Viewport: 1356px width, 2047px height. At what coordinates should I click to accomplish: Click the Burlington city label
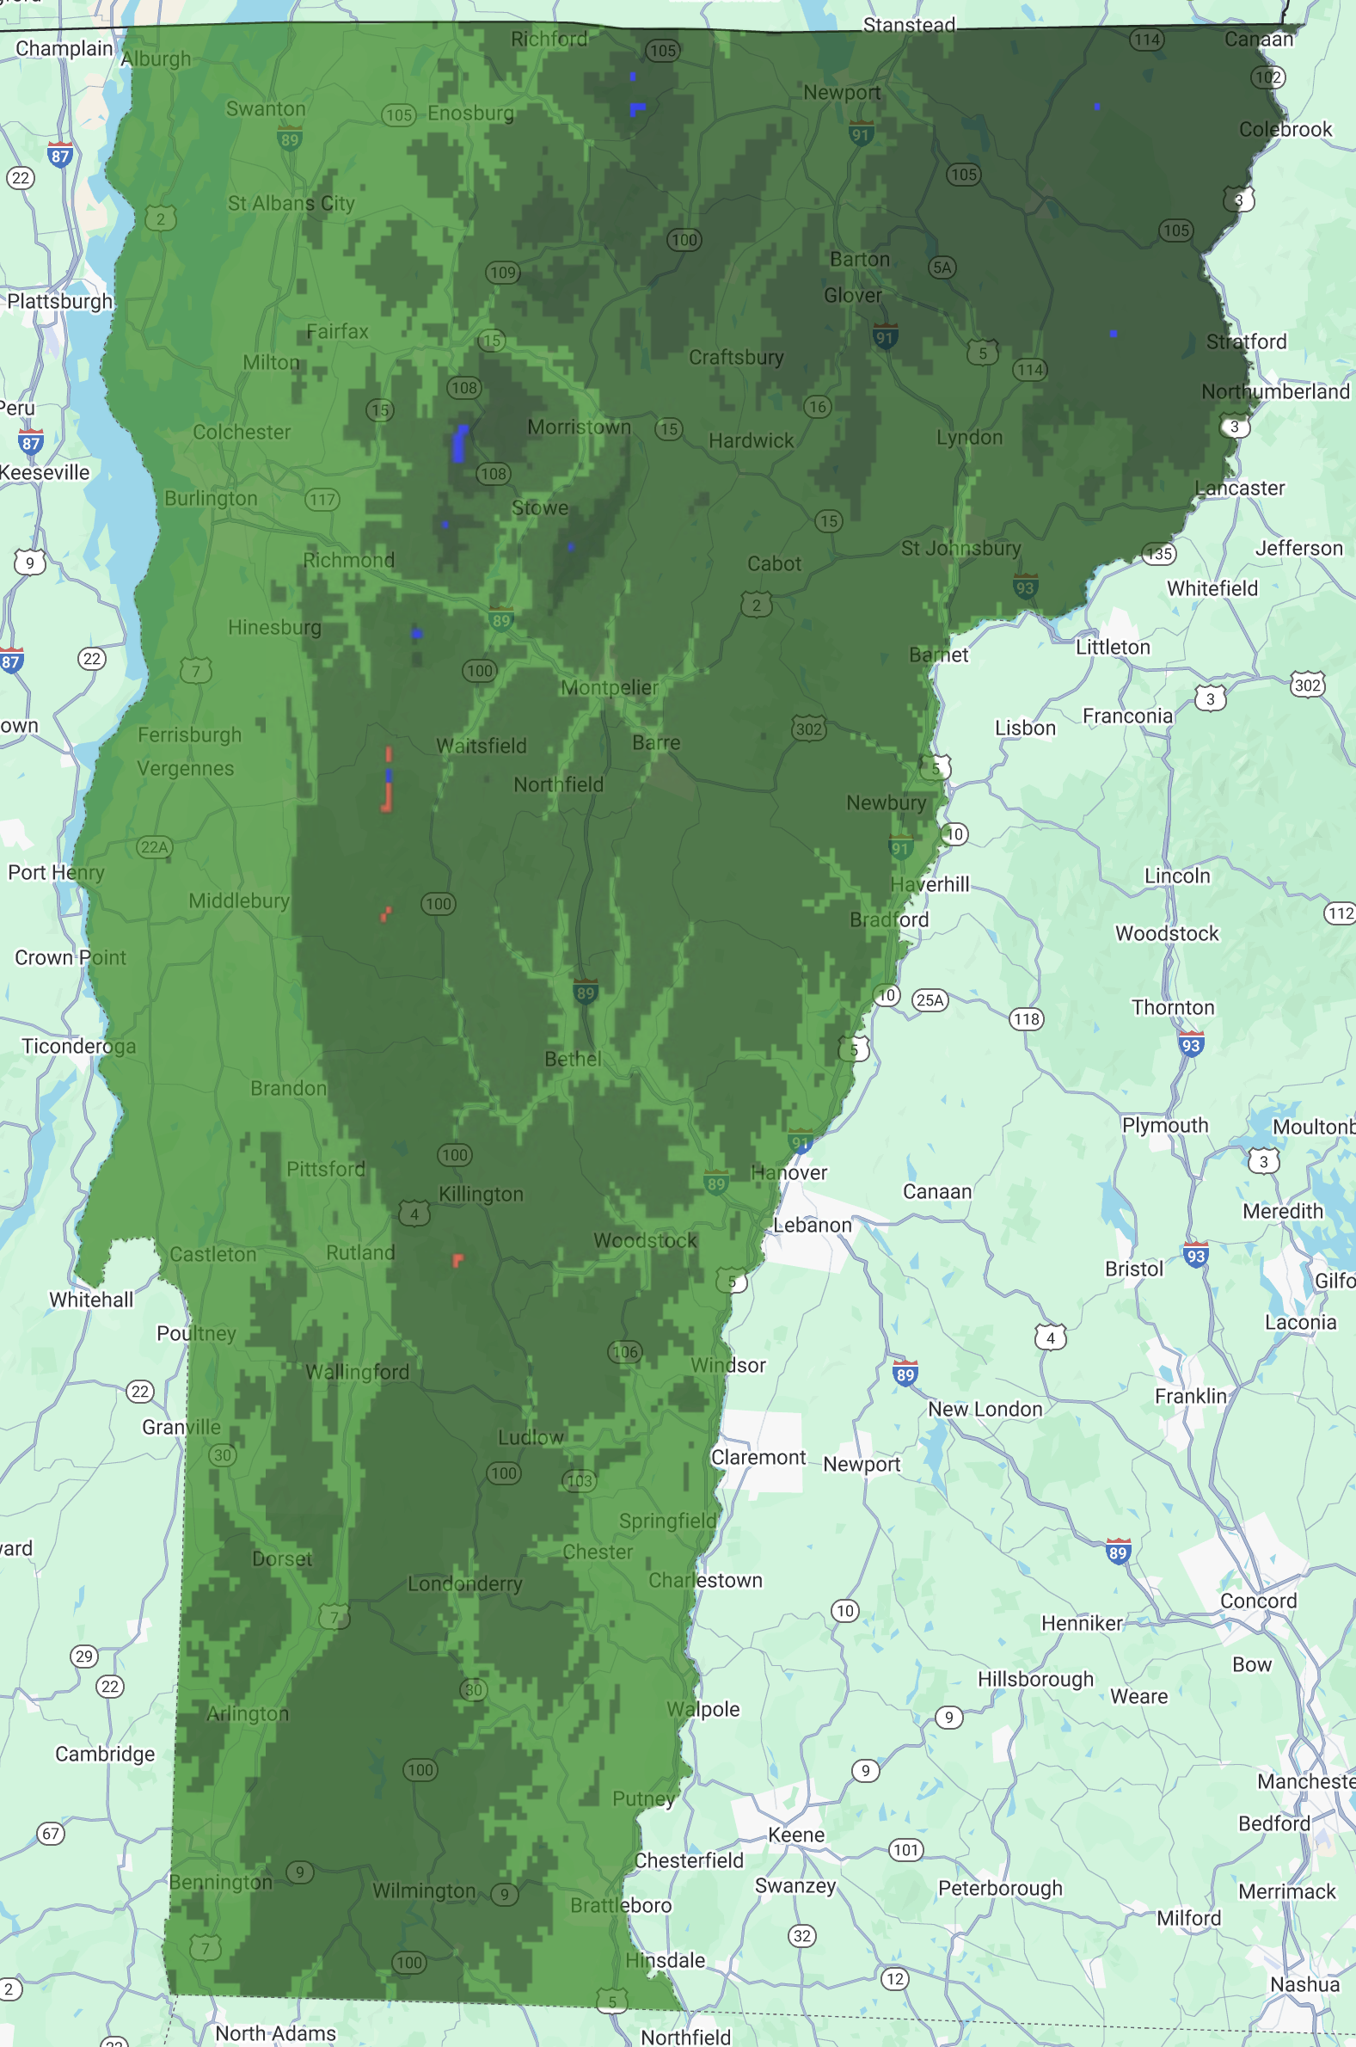[x=211, y=499]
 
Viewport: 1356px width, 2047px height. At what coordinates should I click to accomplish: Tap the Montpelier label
[x=609, y=688]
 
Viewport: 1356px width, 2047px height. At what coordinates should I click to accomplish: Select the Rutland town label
[x=359, y=1253]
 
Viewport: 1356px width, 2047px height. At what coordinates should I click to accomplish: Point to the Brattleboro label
[x=620, y=1906]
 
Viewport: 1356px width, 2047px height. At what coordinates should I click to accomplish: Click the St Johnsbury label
[x=960, y=548]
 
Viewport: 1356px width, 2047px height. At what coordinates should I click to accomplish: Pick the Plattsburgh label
[x=59, y=302]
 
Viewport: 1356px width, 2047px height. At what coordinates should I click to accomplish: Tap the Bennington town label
[x=220, y=1883]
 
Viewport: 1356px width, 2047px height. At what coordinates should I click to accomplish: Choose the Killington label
[x=481, y=1195]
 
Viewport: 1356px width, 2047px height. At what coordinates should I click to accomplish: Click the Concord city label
[x=1257, y=1601]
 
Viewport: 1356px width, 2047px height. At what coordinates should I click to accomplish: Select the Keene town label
[x=795, y=1835]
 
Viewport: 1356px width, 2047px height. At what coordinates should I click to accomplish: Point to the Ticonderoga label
[x=79, y=1047]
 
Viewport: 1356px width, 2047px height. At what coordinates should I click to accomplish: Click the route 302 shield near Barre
[x=808, y=729]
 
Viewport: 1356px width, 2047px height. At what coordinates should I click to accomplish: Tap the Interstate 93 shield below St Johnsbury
[x=1025, y=587]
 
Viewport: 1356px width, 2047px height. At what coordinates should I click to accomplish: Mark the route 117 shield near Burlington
[x=322, y=500]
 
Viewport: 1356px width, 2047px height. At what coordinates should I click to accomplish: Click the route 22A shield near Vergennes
[x=154, y=846]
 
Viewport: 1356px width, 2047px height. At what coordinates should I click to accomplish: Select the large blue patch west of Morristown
[x=459, y=444]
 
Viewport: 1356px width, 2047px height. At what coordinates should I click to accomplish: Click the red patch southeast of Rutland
[x=457, y=1260]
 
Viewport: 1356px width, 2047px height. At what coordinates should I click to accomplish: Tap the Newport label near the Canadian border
[x=842, y=93]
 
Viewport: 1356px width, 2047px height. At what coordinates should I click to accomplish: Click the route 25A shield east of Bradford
[x=930, y=1000]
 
